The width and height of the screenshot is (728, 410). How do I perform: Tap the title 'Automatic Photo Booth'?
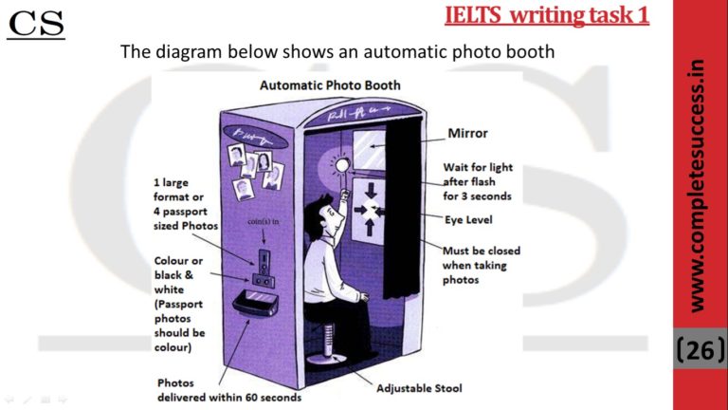pos(330,85)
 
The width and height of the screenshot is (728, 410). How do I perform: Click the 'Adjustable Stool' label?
pos(420,389)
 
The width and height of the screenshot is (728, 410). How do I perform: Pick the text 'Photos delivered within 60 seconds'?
pos(228,390)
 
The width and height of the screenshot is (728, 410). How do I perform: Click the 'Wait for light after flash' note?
pos(478,181)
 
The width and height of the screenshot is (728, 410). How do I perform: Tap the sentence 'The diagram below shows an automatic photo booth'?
pos(337,51)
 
